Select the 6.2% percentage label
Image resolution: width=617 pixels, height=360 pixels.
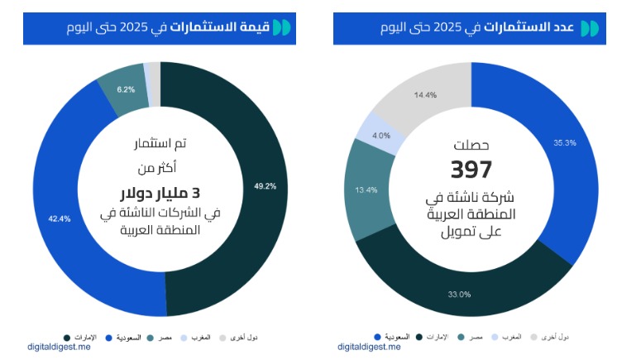(126, 89)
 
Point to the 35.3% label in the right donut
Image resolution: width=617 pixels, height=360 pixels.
(565, 142)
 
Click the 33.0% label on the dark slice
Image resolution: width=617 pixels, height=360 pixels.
(459, 294)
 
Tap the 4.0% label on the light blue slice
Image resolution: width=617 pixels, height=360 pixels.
(381, 135)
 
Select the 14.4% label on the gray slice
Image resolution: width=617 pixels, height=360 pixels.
(425, 95)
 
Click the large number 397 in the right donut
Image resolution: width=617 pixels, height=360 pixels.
(471, 170)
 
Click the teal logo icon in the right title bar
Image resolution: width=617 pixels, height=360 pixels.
(589, 27)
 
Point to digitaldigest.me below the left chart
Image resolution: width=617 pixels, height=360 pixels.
(59, 348)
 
